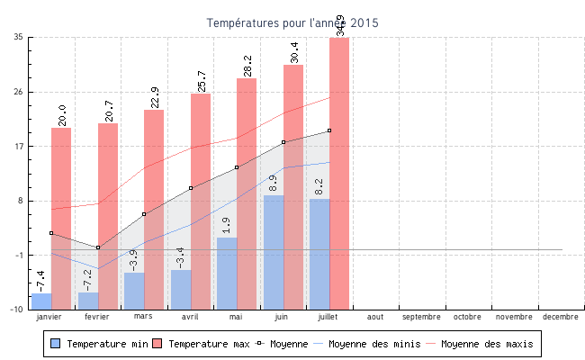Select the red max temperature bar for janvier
pos(61,216)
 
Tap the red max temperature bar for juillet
pos(339,171)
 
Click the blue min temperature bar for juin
pos(274,252)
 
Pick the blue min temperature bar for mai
pos(227,273)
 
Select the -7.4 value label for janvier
pos(41,280)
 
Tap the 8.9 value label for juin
pos(273,183)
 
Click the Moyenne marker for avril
pos(191,188)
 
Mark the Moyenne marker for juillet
pos(329,130)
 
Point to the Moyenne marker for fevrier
pos(98,247)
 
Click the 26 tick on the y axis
pos(19,92)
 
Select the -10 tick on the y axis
pos(17,309)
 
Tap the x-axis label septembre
pos(421,317)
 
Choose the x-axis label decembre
pos(561,317)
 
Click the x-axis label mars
pos(143,317)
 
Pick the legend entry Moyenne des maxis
pos(487,344)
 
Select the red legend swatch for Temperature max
pos(157,344)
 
